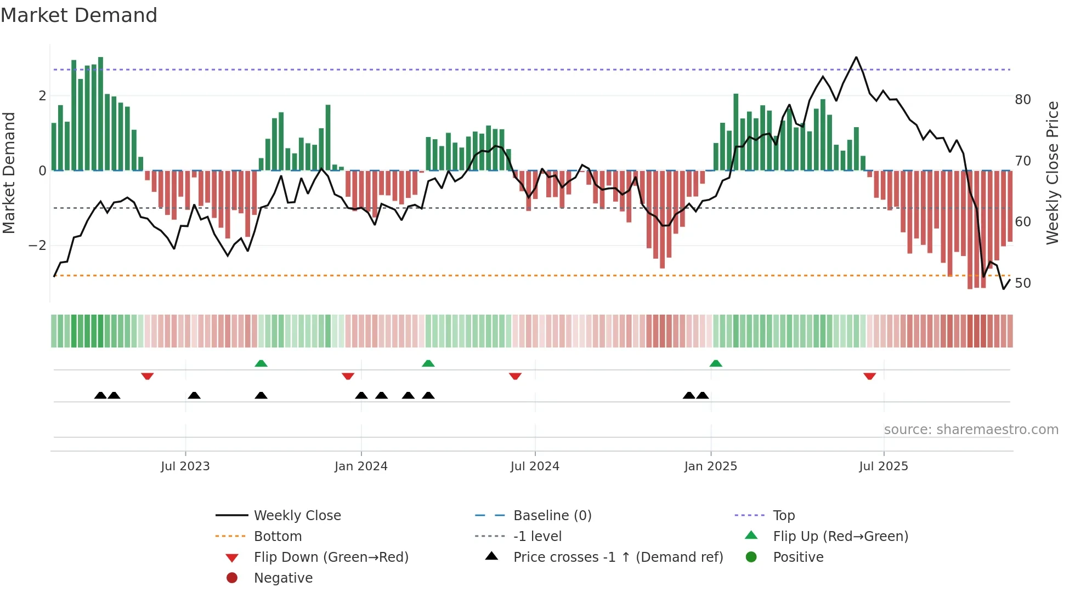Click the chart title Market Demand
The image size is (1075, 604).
(79, 15)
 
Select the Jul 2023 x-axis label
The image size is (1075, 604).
(185, 466)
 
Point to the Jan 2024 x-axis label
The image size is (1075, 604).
(361, 466)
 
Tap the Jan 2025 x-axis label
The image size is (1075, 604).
(710, 466)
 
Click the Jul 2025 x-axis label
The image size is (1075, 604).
(883, 466)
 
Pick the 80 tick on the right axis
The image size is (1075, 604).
(1023, 100)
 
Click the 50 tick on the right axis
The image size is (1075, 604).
(1023, 283)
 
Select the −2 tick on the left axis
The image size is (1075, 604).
(37, 246)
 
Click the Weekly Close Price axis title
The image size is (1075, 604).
(1052, 173)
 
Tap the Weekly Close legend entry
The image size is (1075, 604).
(297, 516)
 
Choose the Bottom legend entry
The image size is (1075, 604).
(278, 537)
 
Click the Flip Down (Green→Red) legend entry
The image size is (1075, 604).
(331, 557)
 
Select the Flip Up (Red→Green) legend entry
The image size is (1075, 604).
(840, 537)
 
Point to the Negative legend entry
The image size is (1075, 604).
(283, 578)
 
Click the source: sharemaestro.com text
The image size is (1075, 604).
(971, 430)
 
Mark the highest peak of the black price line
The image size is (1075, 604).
(856, 58)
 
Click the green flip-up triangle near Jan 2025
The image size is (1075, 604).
(716, 363)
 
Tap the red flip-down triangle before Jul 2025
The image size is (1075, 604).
(869, 376)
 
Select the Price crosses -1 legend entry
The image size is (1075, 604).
(618, 557)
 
